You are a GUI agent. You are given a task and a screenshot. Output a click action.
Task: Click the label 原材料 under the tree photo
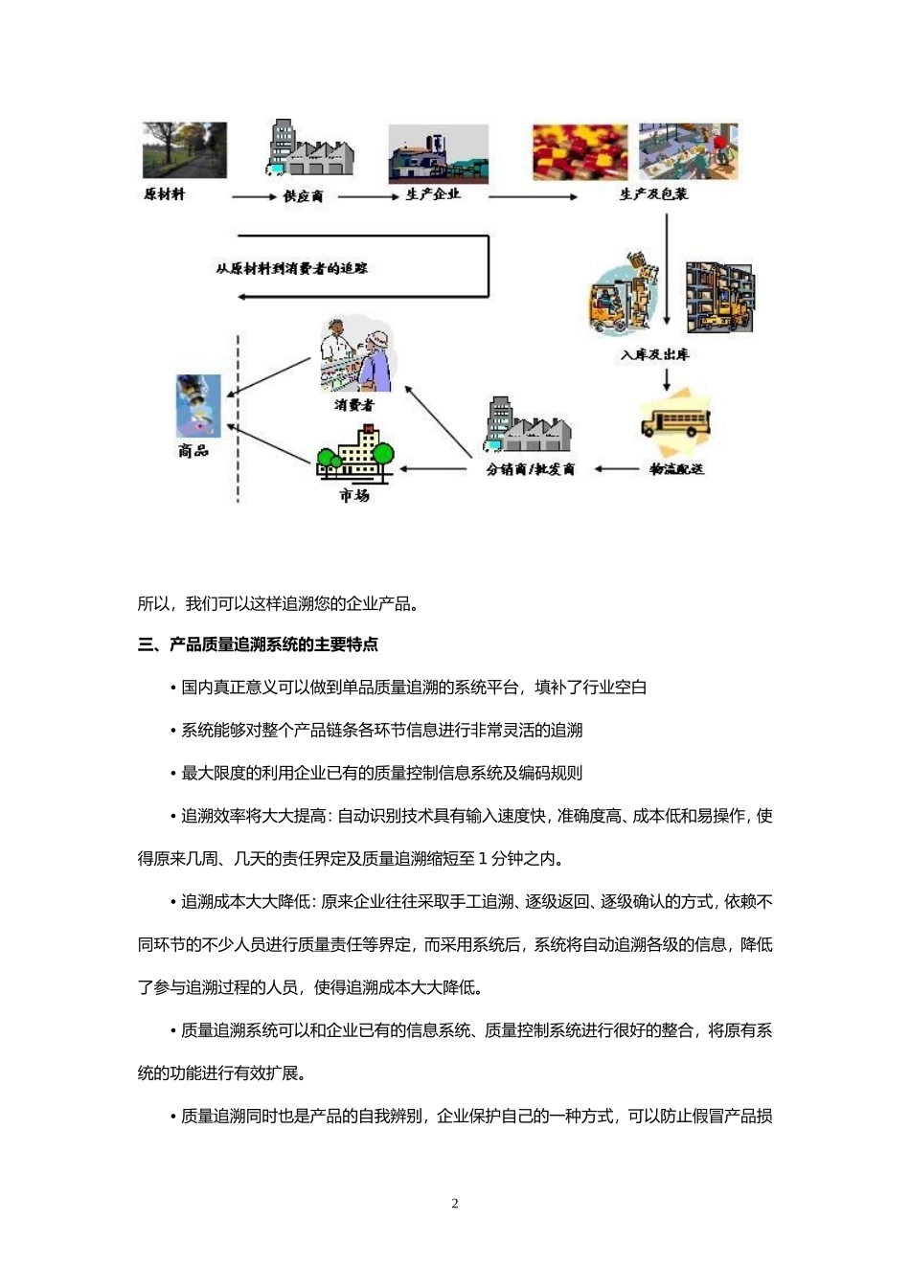(164, 194)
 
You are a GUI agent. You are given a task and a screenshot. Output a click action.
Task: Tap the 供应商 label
(303, 196)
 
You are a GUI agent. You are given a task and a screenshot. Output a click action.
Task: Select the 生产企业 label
(433, 194)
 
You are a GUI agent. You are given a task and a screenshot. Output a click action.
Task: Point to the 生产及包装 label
(653, 194)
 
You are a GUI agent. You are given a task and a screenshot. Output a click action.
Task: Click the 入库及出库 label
(654, 354)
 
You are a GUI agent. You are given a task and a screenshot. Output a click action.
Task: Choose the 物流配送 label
(676, 468)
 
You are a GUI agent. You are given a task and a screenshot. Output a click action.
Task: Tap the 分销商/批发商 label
(531, 469)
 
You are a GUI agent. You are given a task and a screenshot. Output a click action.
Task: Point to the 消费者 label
(354, 405)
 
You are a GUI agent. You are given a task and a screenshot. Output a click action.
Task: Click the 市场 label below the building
(354, 495)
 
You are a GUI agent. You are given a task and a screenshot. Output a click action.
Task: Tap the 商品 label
(193, 450)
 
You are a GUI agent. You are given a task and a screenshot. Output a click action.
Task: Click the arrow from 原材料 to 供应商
(254, 196)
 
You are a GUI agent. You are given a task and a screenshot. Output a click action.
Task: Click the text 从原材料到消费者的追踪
(292, 269)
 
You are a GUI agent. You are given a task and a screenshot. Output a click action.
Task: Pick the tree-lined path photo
(185, 150)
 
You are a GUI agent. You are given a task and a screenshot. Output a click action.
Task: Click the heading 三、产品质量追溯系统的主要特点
(258, 644)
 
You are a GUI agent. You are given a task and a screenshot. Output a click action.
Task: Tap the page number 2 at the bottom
(455, 1204)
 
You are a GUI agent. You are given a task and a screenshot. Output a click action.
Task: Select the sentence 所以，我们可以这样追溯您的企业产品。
(278, 603)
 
